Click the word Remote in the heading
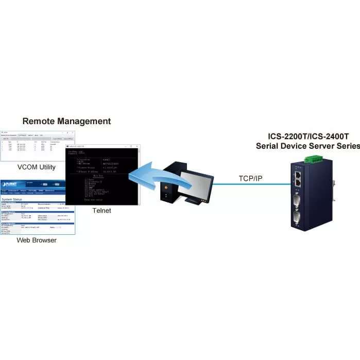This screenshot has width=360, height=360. [x=39, y=122]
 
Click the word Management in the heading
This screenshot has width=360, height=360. [x=83, y=122]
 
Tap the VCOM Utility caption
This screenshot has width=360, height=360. [x=36, y=167]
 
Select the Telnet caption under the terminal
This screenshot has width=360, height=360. [x=101, y=211]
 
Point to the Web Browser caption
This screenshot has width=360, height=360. [x=37, y=240]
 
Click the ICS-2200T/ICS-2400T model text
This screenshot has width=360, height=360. [x=308, y=137]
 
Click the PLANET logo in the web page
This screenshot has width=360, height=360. [x=10, y=183]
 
